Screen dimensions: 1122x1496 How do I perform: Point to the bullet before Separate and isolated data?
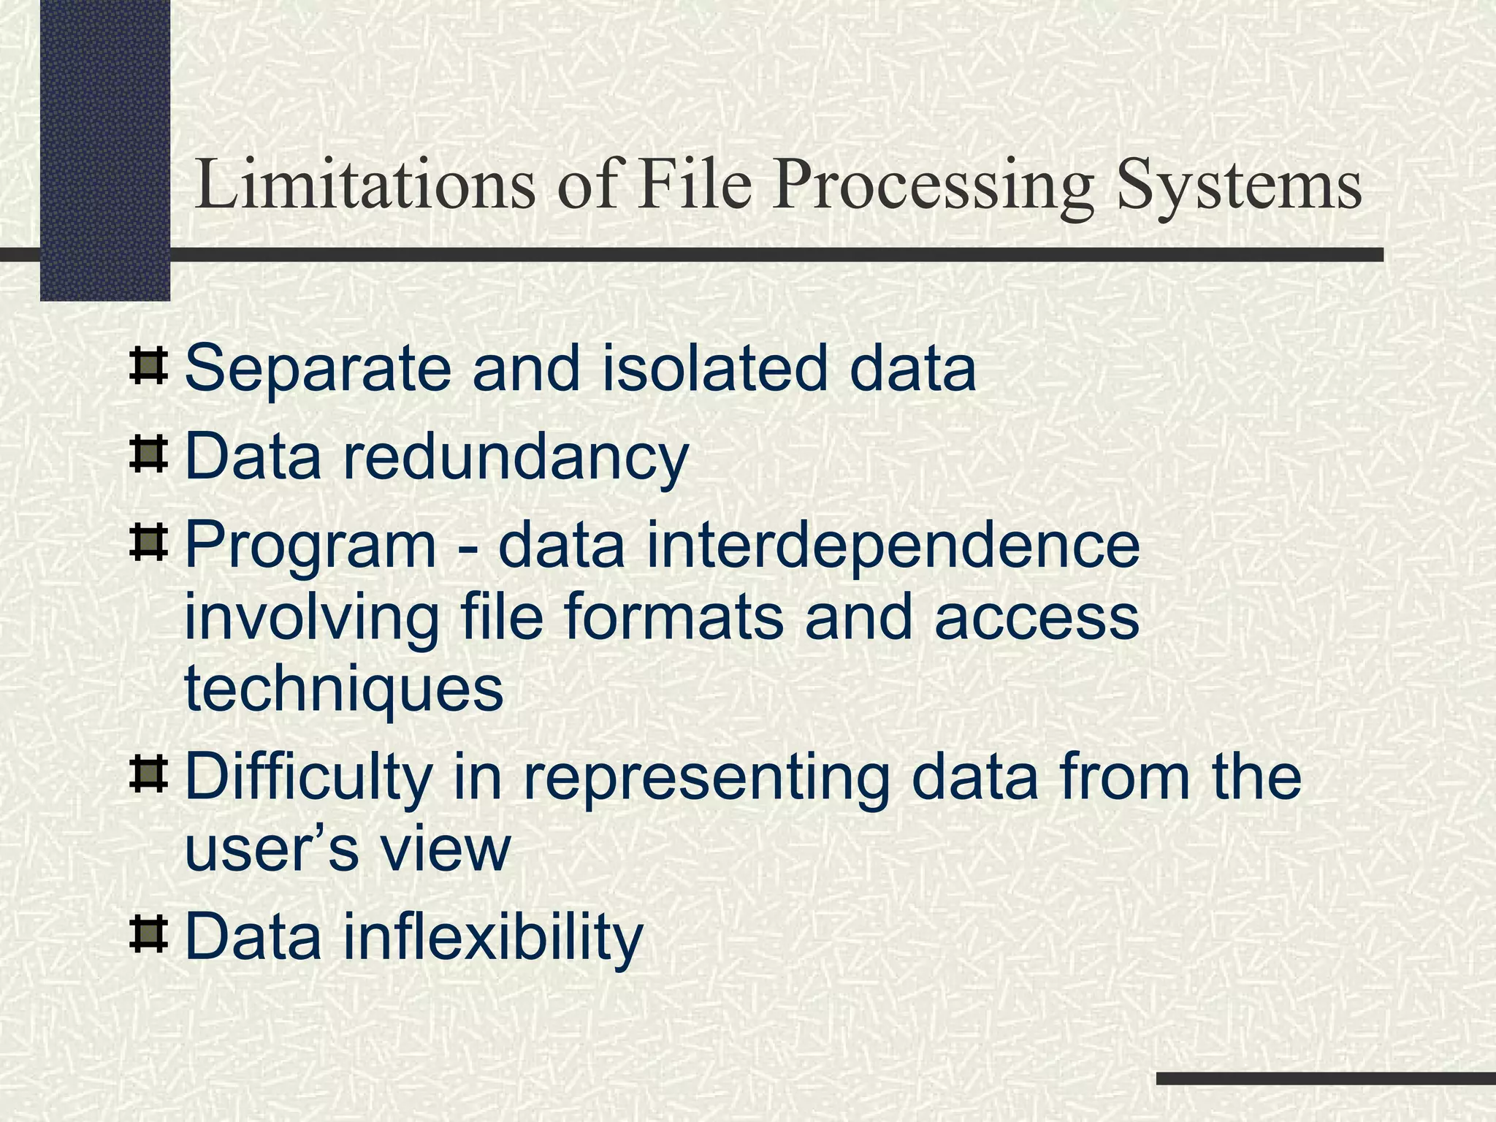pyautogui.click(x=148, y=367)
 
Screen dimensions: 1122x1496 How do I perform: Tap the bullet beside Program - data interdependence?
pyautogui.click(x=148, y=543)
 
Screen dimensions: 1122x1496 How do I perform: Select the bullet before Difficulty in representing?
pyautogui.click(x=148, y=777)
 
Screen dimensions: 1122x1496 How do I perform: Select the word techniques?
pyautogui.click(x=344, y=690)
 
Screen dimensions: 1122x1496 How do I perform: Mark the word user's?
pyautogui.click(x=271, y=850)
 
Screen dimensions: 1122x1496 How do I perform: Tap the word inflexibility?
pyautogui.click(x=493, y=938)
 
